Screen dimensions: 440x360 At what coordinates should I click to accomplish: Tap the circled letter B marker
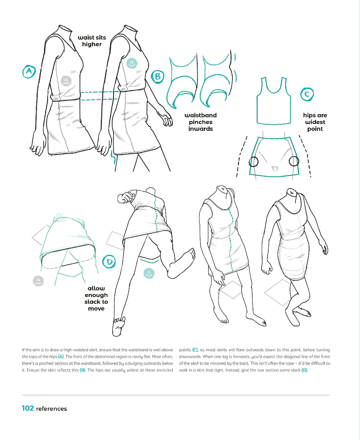[158, 76]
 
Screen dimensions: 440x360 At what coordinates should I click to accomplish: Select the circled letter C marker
[307, 94]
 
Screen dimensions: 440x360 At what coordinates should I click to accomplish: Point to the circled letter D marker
[109, 261]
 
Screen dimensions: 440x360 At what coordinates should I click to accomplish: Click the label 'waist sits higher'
[92, 41]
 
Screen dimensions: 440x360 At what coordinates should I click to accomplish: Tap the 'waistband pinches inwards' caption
[201, 122]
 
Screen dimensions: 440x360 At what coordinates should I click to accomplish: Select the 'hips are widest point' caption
[315, 122]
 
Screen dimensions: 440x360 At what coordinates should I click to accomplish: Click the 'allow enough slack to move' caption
[96, 298]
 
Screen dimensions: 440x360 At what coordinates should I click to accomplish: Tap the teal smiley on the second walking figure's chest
[132, 63]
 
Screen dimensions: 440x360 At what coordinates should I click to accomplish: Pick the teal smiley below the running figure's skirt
[149, 273]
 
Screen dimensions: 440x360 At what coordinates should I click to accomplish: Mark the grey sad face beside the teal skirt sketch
[38, 281]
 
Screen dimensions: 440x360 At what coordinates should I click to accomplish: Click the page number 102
[28, 408]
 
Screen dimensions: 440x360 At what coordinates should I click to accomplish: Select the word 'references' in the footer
[51, 408]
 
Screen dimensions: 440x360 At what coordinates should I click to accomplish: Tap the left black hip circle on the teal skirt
[253, 161]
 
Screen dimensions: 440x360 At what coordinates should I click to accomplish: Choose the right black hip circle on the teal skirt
[294, 161]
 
